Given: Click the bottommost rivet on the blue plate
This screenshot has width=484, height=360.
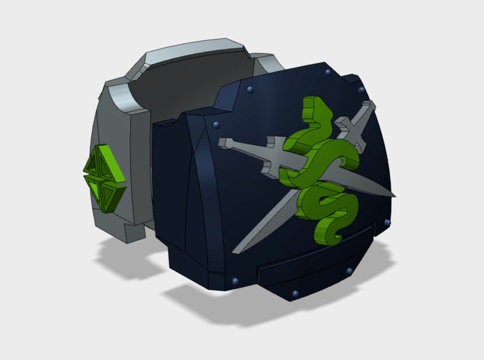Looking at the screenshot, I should [294, 293].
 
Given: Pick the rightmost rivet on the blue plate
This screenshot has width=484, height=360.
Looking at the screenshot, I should [389, 223].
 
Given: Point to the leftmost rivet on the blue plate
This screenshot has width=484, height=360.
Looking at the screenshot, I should [217, 124].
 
